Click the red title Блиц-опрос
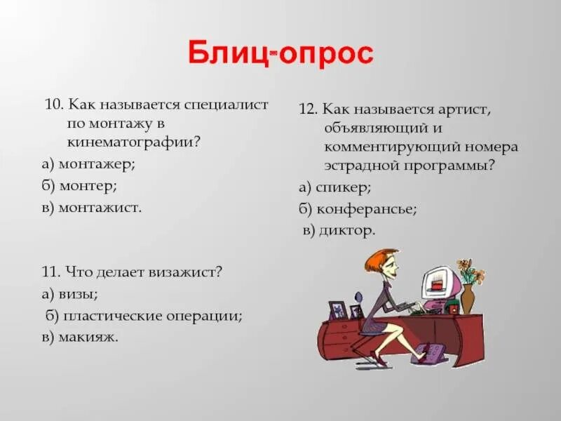[280, 54]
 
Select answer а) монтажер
[88, 163]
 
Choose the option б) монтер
[79, 186]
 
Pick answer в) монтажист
[91, 208]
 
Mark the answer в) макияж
[79, 338]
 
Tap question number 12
[306, 110]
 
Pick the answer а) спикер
[334, 187]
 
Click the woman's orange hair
[378, 260]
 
